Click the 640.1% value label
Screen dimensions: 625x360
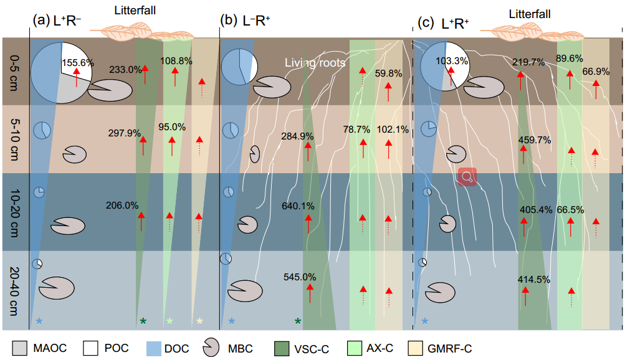click(x=298, y=206)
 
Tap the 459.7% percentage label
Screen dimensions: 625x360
click(x=535, y=140)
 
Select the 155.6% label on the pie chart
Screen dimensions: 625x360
click(x=78, y=62)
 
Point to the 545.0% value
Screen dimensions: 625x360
click(x=300, y=277)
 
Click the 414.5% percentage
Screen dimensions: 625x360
click(x=534, y=280)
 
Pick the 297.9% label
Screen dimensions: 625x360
click(x=125, y=133)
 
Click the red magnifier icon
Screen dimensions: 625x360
click(x=467, y=177)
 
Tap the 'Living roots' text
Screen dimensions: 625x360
click(x=315, y=62)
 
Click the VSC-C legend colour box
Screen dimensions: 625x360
click(x=282, y=348)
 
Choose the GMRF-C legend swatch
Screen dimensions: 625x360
click(x=416, y=348)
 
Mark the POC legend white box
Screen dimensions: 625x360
click(x=90, y=348)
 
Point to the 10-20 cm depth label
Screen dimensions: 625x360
click(x=14, y=212)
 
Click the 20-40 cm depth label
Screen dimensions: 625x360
click(x=14, y=291)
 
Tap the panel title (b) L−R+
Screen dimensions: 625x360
click(x=245, y=21)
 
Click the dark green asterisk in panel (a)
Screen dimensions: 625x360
click(x=143, y=321)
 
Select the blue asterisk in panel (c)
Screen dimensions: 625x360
click(x=425, y=321)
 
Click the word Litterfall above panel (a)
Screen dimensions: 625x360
click(x=135, y=11)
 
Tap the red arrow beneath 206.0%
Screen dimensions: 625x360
click(x=141, y=221)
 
